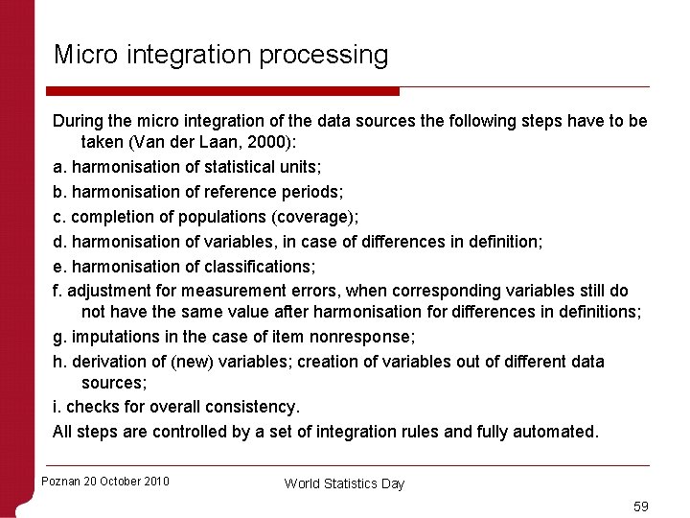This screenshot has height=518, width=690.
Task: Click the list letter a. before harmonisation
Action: pyautogui.click(x=59, y=167)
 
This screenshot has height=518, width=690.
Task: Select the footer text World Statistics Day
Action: pyautogui.click(x=344, y=483)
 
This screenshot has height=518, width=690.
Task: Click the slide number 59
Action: pyautogui.click(x=640, y=506)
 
